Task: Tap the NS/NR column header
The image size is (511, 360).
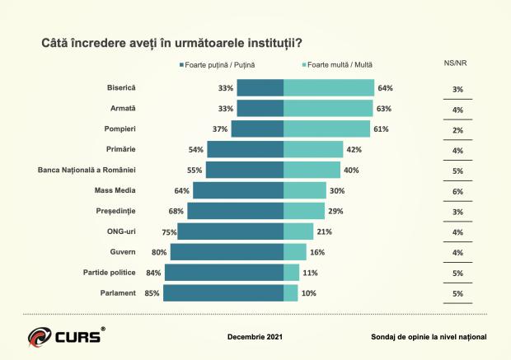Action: [x=456, y=64]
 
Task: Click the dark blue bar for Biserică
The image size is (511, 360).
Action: [x=260, y=87]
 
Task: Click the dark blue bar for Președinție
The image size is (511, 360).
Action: [x=236, y=211]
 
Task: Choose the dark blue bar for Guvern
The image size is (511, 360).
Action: [x=227, y=252]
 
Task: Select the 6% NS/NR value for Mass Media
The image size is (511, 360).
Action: [x=457, y=190]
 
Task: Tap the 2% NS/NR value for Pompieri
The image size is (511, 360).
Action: [x=457, y=130]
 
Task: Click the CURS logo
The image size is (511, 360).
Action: [x=66, y=336]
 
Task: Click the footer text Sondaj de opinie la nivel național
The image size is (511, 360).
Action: [x=429, y=337]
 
